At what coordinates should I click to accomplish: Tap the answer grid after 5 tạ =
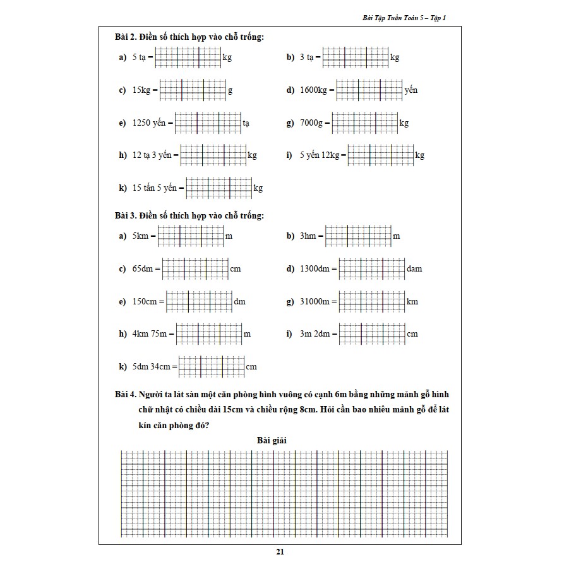(188, 57)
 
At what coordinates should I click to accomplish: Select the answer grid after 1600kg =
(369, 90)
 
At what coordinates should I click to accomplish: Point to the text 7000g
(311, 123)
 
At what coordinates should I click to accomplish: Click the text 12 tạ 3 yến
(152, 155)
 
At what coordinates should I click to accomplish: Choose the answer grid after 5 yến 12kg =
(381, 155)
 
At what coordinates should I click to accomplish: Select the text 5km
(140, 236)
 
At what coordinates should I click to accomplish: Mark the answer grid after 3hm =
(358, 236)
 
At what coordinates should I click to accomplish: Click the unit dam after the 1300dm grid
(414, 269)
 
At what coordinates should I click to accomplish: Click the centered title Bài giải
(272, 440)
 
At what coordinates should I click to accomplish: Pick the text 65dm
(143, 269)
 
